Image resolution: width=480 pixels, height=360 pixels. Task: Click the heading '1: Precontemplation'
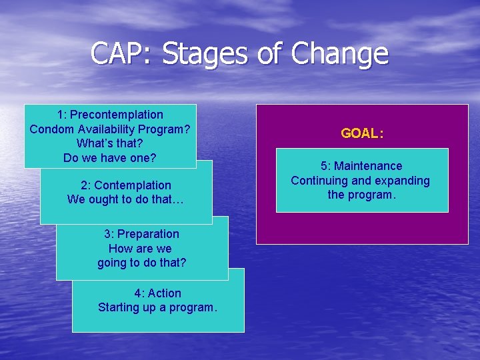(x=110, y=115)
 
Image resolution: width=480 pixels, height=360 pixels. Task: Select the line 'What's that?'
(x=110, y=143)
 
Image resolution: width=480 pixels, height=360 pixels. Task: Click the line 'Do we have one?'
(x=110, y=158)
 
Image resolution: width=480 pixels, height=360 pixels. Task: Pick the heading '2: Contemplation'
(x=126, y=185)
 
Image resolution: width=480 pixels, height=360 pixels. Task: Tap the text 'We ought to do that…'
(x=126, y=199)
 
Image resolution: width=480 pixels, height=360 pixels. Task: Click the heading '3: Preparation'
(x=141, y=234)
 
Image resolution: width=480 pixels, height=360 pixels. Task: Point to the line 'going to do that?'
(x=142, y=263)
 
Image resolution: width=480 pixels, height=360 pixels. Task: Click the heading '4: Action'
(x=157, y=293)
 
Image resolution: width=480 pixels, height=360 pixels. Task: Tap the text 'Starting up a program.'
(x=157, y=307)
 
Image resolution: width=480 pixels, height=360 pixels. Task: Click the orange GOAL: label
(x=362, y=133)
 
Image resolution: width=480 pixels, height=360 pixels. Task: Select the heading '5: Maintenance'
(x=361, y=166)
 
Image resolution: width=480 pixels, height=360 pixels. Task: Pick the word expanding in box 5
(x=403, y=181)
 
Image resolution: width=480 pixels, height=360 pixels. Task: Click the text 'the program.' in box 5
(x=361, y=195)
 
